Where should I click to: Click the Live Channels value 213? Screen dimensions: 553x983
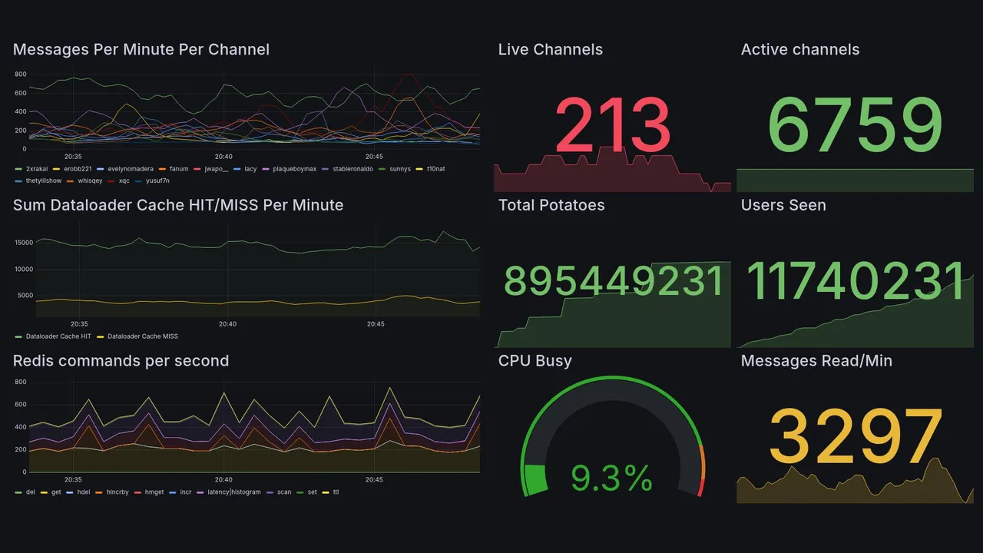(612, 125)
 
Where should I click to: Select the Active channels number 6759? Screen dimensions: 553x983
(855, 125)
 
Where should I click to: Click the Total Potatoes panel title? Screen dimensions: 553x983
(551, 205)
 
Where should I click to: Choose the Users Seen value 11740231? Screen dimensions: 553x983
(855, 280)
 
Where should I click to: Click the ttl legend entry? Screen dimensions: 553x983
(336, 492)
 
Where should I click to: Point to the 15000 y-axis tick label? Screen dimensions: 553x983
(23, 243)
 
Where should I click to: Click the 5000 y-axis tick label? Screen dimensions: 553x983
(25, 296)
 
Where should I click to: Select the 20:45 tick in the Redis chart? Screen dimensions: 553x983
(374, 480)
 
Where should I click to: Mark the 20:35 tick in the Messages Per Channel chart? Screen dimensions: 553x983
(73, 157)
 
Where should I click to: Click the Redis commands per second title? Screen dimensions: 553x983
(121, 361)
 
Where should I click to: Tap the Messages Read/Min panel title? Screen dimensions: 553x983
(816, 361)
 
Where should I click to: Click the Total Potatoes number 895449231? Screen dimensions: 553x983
(614, 281)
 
